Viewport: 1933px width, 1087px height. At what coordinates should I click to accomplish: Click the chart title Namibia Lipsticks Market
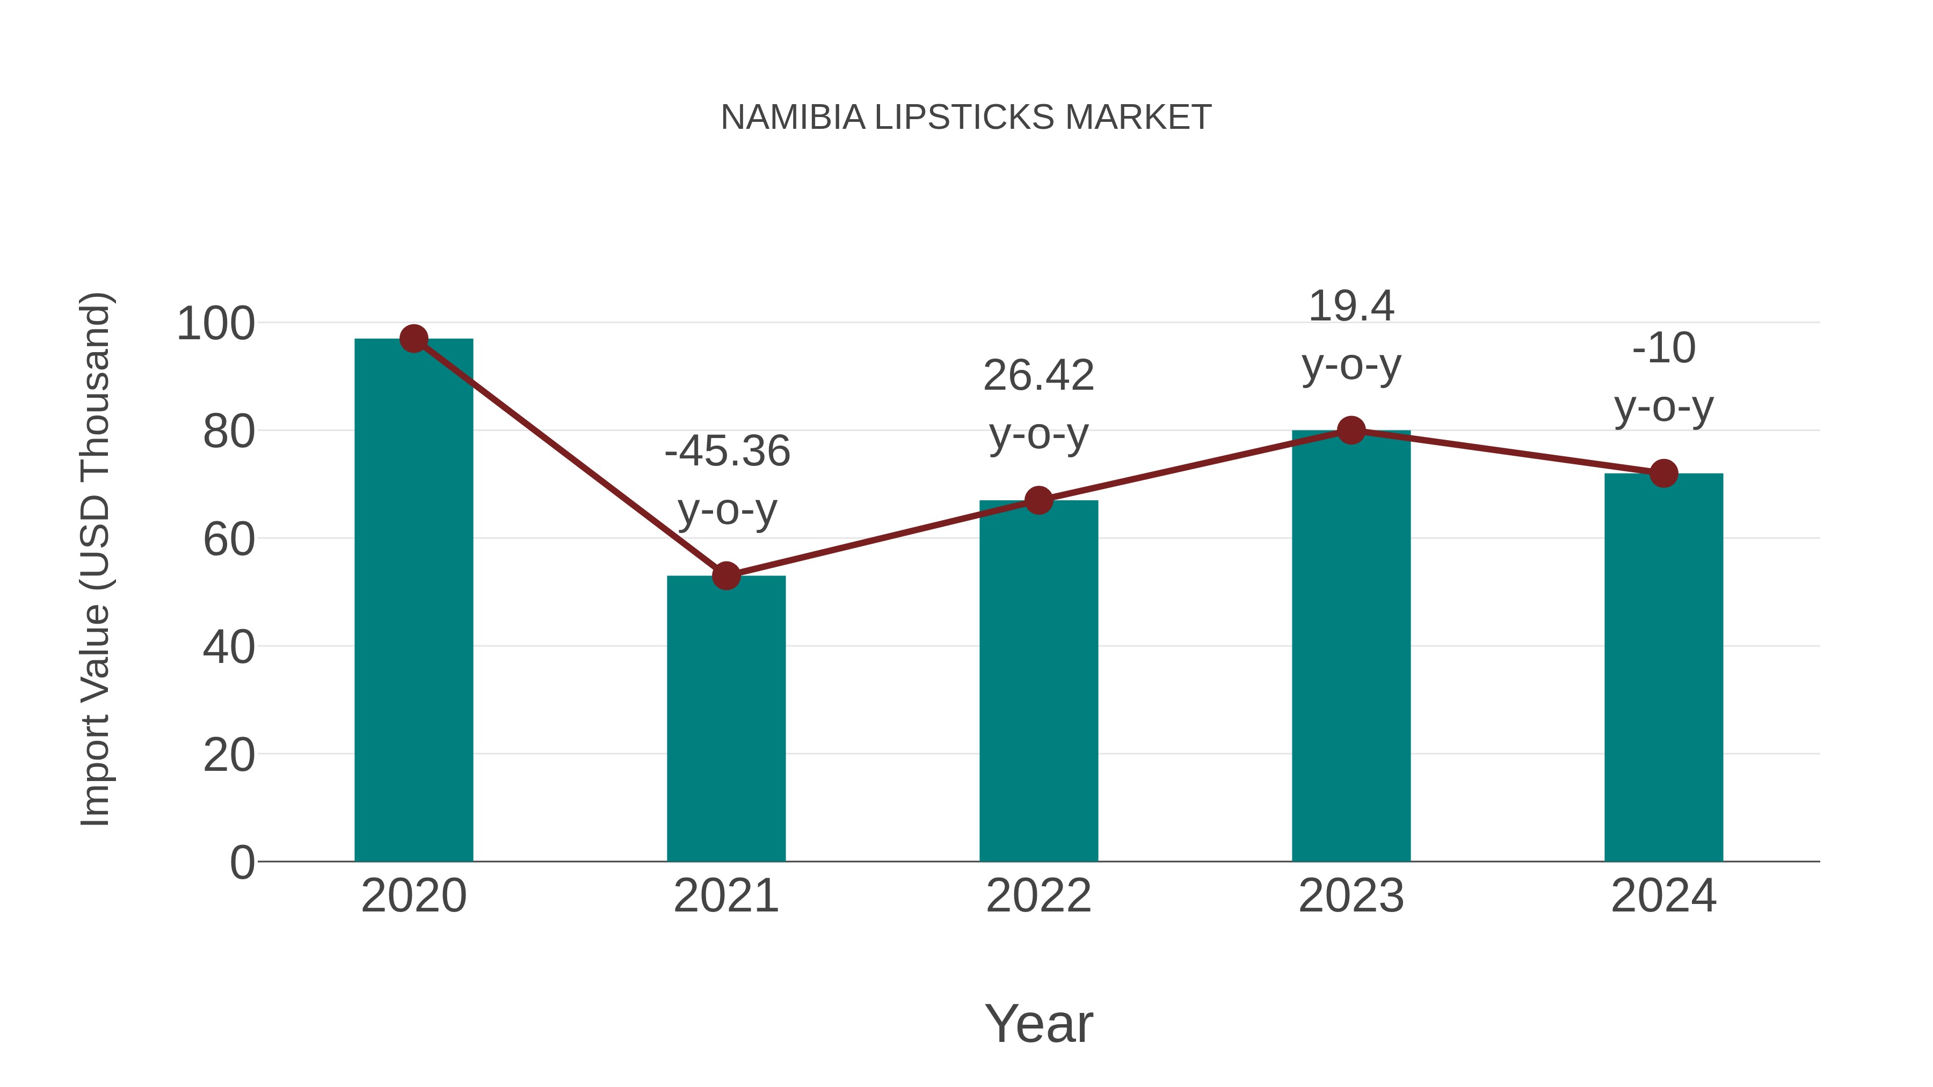pyautogui.click(x=966, y=118)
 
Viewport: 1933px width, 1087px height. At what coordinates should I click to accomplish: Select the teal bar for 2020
pyautogui.click(x=413, y=600)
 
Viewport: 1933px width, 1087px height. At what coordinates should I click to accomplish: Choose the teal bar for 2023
pyautogui.click(x=1351, y=645)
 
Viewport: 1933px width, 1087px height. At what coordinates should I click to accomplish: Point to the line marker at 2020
pyautogui.click(x=413, y=339)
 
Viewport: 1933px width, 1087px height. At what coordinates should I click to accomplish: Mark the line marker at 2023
pyautogui.click(x=1351, y=431)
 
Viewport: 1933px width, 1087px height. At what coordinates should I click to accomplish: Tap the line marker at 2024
pyautogui.click(x=1663, y=473)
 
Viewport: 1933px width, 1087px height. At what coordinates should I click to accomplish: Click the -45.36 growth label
pyautogui.click(x=727, y=451)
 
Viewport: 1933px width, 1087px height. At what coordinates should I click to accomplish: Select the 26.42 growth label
pyautogui.click(x=1038, y=376)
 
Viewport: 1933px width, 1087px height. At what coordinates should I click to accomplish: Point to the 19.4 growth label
pyautogui.click(x=1351, y=307)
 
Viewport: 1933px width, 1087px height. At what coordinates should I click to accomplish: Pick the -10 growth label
pyautogui.click(x=1663, y=349)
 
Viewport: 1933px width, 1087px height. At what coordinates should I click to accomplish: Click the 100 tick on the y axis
pyautogui.click(x=215, y=324)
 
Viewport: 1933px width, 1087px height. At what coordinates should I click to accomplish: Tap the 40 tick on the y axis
pyautogui.click(x=228, y=647)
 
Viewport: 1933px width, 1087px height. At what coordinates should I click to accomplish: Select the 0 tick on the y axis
pyautogui.click(x=242, y=862)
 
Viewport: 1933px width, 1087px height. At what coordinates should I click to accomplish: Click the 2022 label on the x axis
pyautogui.click(x=1038, y=896)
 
